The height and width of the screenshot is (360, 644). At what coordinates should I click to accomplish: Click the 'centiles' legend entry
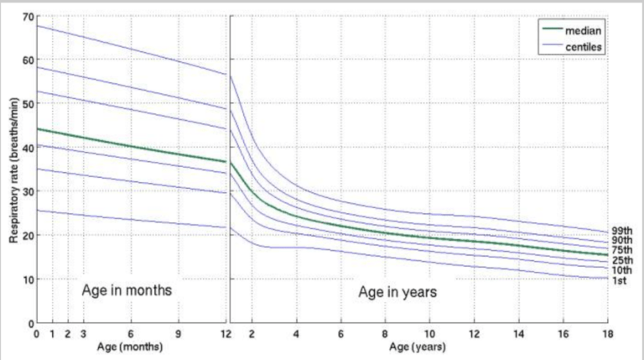pos(586,44)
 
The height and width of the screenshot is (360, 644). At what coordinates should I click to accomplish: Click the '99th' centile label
pos(621,230)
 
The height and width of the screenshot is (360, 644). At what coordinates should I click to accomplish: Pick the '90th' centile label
pos(621,240)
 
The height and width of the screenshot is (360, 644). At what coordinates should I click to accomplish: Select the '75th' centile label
pos(621,250)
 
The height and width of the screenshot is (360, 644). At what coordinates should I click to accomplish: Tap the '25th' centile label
pos(621,260)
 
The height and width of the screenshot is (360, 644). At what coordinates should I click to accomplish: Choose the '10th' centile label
pos(621,270)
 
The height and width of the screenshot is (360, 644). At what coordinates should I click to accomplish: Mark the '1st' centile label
pos(620,280)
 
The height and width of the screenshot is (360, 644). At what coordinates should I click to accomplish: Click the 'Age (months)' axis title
pos(130,345)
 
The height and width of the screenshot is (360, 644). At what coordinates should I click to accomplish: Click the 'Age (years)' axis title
pos(417,345)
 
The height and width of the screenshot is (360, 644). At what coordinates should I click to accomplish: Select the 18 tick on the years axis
pos(606,333)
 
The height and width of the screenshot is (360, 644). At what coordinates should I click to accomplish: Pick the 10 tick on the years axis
pos(429,333)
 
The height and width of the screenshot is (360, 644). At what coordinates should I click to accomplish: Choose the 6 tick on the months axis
pos(131,333)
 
